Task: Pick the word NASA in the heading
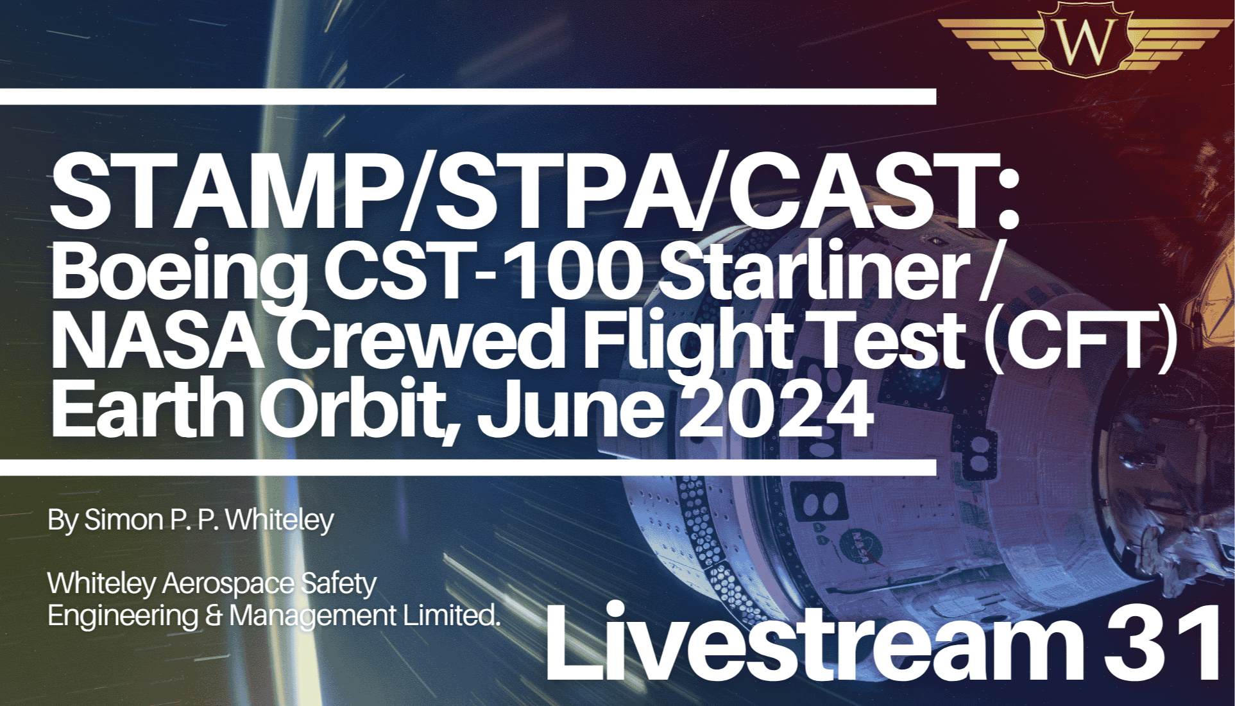click(x=157, y=340)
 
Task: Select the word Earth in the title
click(x=147, y=408)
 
